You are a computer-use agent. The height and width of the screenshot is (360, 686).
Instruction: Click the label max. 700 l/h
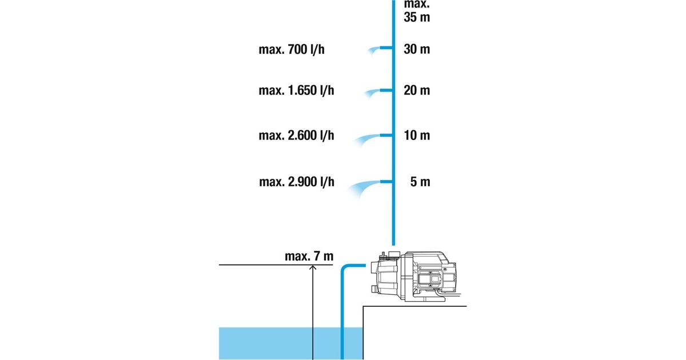point(295,49)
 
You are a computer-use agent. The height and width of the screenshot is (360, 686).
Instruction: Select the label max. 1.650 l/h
point(296,90)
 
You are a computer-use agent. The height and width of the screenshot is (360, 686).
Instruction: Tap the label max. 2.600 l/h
point(296,135)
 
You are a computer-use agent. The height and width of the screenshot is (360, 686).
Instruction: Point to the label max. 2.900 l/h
point(296,182)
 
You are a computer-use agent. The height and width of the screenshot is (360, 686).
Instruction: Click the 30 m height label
point(416,49)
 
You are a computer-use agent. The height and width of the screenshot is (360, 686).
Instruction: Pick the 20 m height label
point(416,90)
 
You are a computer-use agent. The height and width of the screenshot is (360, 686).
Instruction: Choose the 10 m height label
point(416,135)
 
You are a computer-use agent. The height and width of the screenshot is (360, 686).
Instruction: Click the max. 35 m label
point(416,10)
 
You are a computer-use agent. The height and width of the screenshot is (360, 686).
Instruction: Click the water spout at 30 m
point(374,50)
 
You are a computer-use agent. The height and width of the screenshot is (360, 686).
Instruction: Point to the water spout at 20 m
point(373,92)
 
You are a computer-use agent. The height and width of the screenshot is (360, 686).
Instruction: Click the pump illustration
point(414,277)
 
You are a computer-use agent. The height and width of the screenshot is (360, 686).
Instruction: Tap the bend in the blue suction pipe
point(345,268)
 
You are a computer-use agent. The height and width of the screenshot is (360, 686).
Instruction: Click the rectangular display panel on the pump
point(430,280)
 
